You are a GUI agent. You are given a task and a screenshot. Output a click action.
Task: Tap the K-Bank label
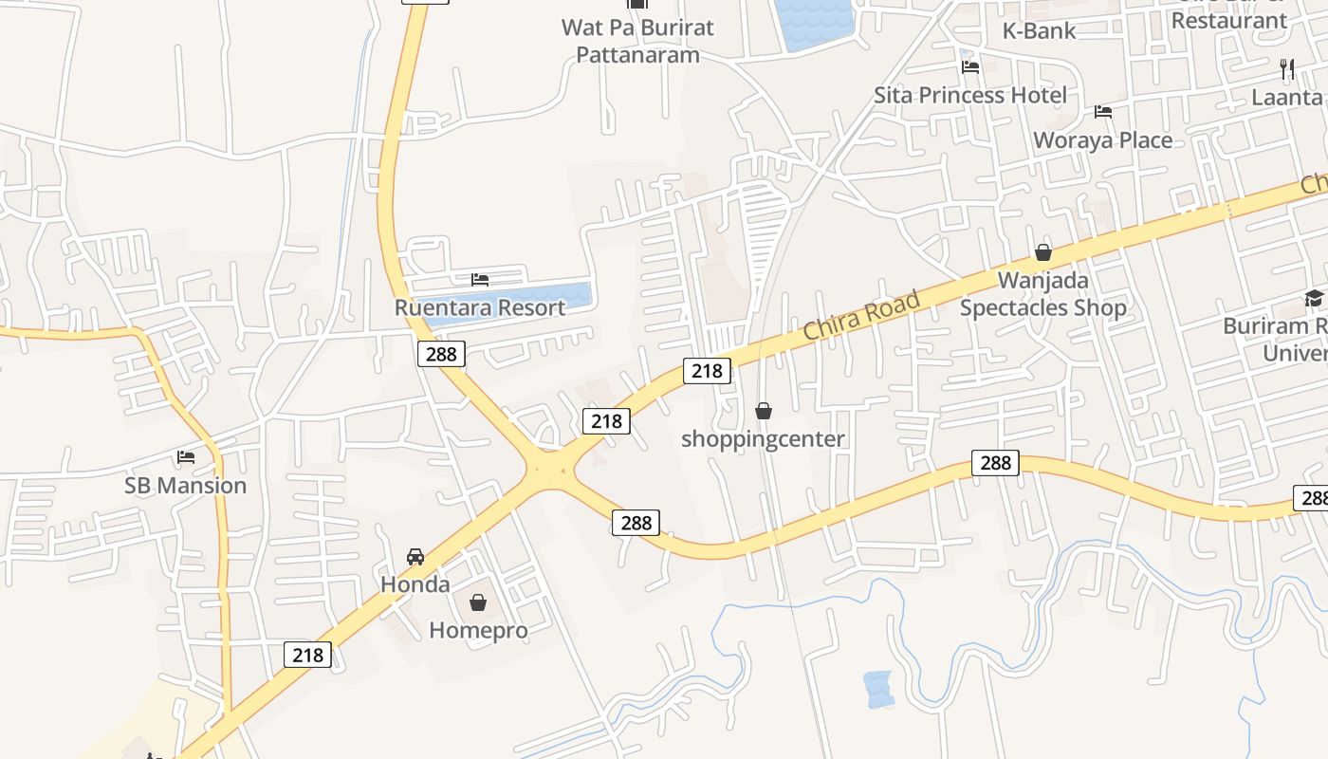(1039, 30)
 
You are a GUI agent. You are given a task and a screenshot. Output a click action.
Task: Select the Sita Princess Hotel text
(969, 95)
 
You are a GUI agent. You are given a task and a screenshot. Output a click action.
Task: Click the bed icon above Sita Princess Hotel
(969, 67)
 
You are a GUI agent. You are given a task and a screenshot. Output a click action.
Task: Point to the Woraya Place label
(1102, 139)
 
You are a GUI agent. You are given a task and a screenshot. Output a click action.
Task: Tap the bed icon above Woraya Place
(1102, 112)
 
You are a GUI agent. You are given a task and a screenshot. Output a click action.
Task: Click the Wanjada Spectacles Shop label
(1042, 294)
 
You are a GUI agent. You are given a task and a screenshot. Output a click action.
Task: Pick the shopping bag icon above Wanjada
(1043, 252)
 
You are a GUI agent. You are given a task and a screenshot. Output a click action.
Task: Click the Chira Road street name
(861, 316)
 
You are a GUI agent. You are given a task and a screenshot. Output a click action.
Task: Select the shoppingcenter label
(763, 439)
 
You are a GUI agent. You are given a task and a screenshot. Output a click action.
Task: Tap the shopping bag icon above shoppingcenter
(763, 411)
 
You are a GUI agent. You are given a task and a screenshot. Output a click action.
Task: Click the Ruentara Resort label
(480, 307)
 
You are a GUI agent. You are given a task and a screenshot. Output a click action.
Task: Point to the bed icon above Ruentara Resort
(480, 280)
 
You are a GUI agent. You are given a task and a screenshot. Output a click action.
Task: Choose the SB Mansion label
(186, 486)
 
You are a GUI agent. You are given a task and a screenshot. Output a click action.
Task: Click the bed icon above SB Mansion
(186, 457)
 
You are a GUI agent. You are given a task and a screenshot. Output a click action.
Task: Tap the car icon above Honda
(415, 557)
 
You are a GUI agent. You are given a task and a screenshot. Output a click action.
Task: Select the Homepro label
(478, 630)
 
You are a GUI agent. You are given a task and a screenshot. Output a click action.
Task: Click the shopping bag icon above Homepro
(478, 602)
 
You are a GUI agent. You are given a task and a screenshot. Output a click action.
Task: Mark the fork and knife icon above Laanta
(1287, 69)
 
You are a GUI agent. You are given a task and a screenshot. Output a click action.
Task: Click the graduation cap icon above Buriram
(1314, 299)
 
